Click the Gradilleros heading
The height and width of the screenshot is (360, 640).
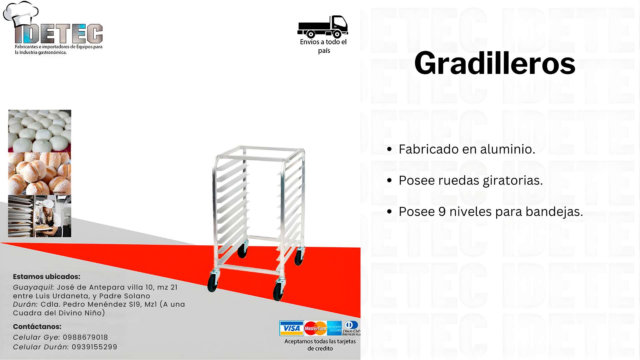(495, 63)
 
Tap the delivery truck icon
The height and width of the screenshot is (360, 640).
(323, 27)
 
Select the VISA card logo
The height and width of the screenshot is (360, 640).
(292, 328)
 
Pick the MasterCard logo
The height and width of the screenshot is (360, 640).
(315, 328)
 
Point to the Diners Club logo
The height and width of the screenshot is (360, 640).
(351, 328)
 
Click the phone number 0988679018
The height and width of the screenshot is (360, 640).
(85, 337)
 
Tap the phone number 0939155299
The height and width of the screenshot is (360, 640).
(95, 347)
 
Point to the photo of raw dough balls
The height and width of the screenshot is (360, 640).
(40, 131)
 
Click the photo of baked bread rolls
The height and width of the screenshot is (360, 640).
(40, 174)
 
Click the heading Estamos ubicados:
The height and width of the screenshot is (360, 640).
(47, 277)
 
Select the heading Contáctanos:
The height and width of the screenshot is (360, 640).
(37, 327)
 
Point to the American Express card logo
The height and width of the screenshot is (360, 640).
(334, 328)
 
